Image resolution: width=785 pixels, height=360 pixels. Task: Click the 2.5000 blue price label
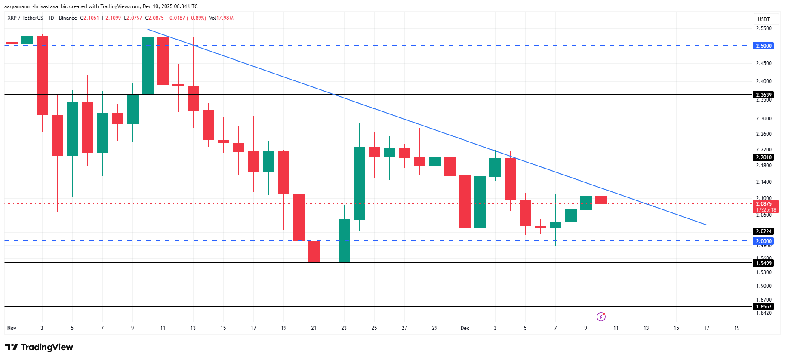point(763,46)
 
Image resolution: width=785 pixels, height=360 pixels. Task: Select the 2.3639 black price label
point(763,95)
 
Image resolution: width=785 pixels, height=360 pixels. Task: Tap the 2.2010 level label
point(763,157)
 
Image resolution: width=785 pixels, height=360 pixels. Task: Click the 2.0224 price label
point(763,231)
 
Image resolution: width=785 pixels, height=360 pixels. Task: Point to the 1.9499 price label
point(763,263)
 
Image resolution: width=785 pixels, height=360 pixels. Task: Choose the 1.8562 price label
point(763,306)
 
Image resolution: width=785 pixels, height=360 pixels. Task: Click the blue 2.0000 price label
point(763,241)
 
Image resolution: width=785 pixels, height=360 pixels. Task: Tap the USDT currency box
point(763,19)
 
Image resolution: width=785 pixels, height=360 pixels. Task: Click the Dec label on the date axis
point(465,328)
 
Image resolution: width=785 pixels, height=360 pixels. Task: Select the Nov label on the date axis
point(12,328)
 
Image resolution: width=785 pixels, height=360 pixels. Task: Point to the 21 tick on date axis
point(314,328)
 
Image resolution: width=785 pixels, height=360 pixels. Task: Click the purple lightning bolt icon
point(601,317)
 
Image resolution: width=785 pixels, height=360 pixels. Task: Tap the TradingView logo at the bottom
point(39,347)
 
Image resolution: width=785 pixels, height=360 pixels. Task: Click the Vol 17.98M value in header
point(221,18)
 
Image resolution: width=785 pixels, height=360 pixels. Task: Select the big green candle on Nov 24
point(359,183)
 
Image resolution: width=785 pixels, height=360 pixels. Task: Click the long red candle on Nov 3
point(42,76)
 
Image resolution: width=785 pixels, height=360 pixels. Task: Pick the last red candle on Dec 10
point(601,200)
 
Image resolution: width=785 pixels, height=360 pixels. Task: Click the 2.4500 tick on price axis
point(763,63)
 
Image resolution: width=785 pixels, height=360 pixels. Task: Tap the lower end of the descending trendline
point(706,225)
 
